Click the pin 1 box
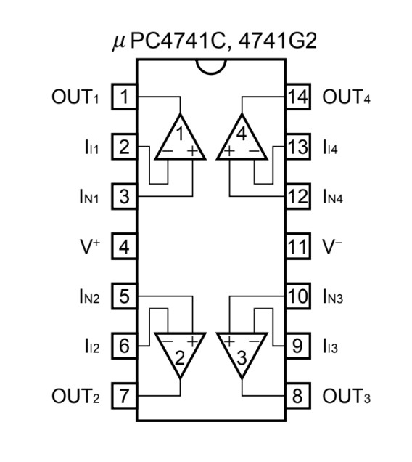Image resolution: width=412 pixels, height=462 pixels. coord(124,97)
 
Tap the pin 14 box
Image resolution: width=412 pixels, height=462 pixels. coord(298,97)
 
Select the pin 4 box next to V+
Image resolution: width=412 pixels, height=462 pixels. coord(124,246)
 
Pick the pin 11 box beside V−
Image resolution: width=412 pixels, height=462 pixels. coord(298,246)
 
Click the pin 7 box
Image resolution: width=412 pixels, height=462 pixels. coord(124,396)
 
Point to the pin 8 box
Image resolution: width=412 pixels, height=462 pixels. coord(298,396)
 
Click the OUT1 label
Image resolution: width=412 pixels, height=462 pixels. coord(75,97)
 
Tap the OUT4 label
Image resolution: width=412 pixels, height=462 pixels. coord(347,97)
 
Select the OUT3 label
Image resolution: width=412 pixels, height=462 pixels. coord(347,396)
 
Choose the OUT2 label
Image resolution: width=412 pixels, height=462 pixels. coord(75,396)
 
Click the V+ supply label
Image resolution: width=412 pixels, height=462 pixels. coord(90,246)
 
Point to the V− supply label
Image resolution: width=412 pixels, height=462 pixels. coord(332,246)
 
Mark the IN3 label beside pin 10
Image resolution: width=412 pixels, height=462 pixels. coord(333,296)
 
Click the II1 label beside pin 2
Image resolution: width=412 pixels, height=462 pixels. coord(91,147)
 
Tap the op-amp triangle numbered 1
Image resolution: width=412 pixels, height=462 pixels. coord(180,137)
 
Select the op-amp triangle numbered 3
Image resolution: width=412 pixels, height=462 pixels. coord(242,356)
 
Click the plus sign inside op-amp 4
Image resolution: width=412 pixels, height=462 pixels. coord(229,151)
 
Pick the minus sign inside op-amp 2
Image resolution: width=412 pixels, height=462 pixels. coord(168,341)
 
